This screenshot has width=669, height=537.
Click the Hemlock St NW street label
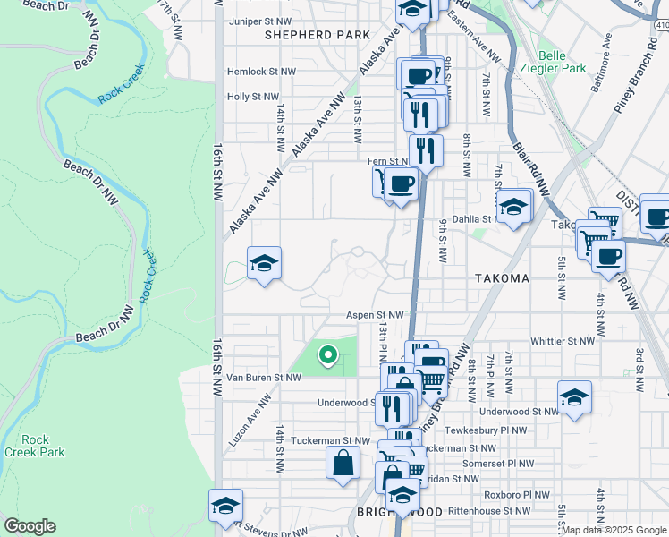261,71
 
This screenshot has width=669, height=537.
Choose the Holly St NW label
254,97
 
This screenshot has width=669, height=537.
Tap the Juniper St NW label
260,21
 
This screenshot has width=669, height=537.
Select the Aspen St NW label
376,315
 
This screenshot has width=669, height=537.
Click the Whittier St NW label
562,341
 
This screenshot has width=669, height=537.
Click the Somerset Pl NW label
497,464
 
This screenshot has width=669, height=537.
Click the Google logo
30,526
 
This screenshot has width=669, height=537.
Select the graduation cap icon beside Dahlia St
514,208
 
